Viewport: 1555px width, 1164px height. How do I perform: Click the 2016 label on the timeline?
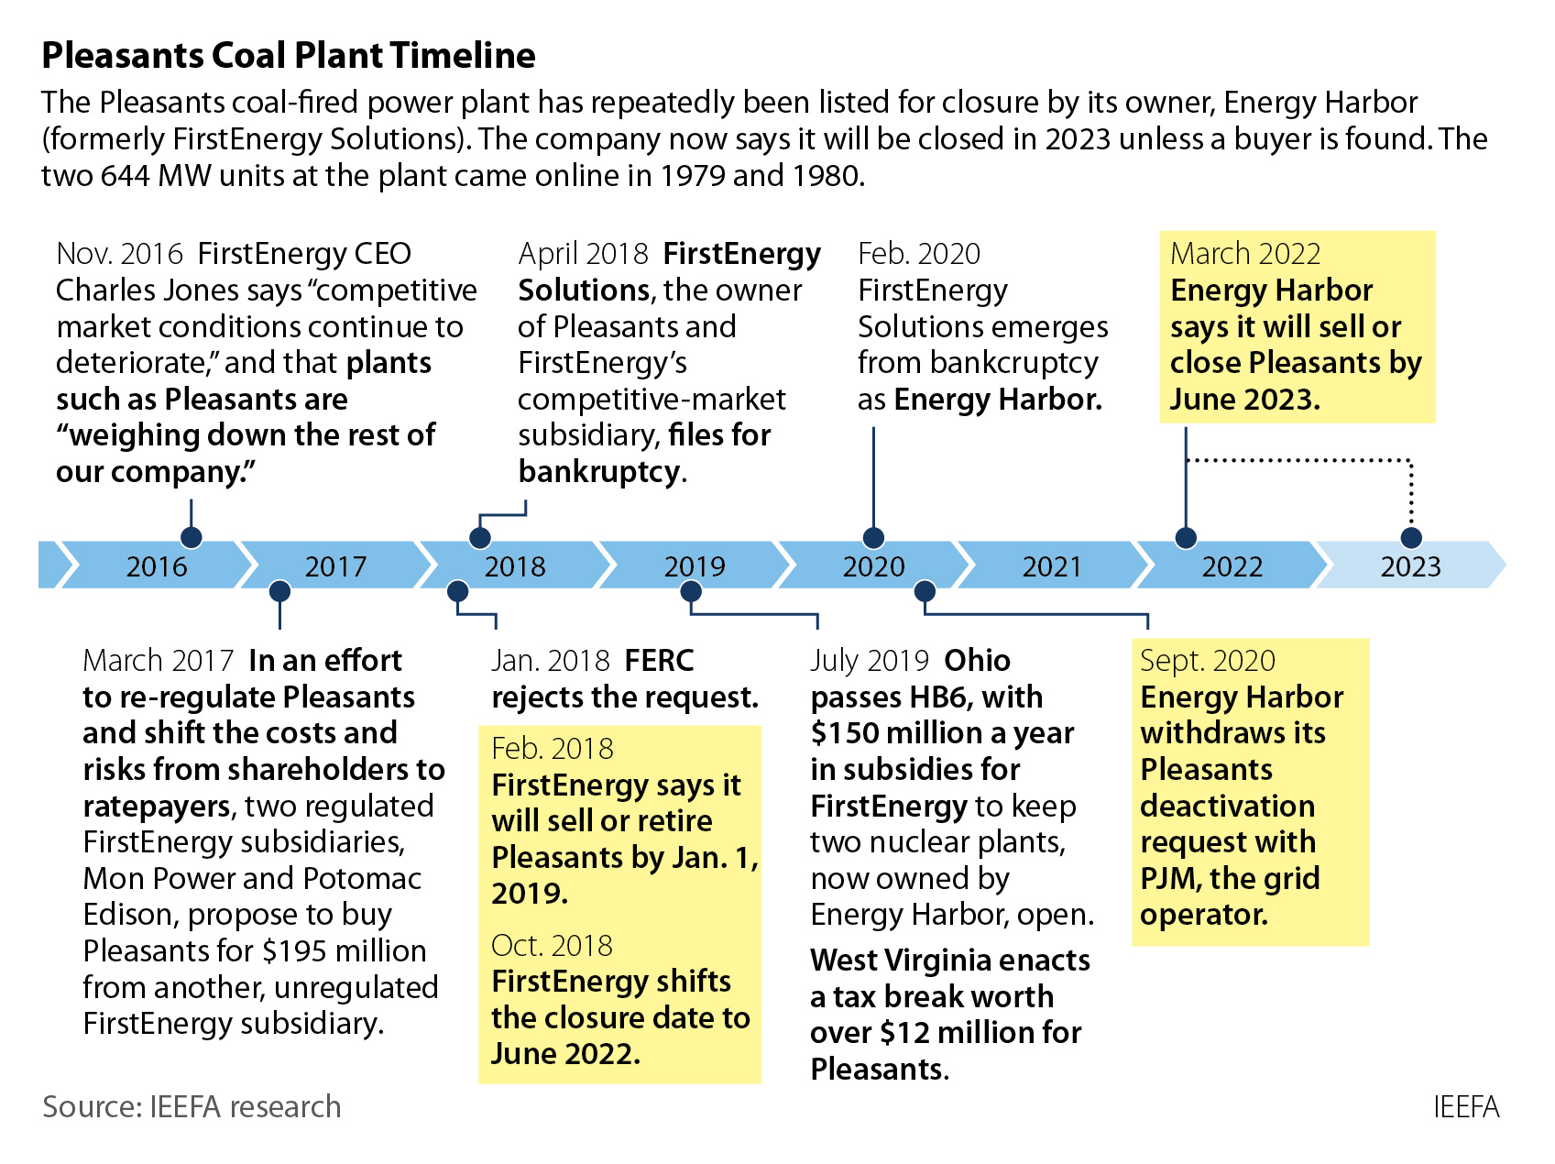(x=157, y=566)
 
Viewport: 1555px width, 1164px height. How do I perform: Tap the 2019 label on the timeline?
(x=695, y=566)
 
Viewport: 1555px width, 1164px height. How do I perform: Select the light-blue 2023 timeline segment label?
(x=1410, y=566)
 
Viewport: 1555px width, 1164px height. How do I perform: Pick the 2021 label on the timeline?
(x=1052, y=566)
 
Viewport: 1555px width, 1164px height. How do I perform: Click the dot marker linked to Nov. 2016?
(x=191, y=537)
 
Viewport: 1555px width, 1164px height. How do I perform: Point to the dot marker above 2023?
(x=1411, y=537)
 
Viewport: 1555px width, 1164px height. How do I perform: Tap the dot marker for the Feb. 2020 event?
(x=873, y=537)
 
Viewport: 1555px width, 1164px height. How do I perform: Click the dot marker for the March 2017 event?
(x=279, y=591)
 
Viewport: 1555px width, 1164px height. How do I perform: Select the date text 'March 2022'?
(x=1245, y=254)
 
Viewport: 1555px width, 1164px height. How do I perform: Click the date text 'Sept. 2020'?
(x=1207, y=661)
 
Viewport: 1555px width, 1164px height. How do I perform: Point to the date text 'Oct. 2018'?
(x=552, y=946)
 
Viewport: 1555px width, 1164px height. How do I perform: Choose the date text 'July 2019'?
(x=870, y=661)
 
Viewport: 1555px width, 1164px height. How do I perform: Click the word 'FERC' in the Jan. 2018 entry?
(x=659, y=661)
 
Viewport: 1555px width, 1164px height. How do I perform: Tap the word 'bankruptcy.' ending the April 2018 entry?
(x=602, y=472)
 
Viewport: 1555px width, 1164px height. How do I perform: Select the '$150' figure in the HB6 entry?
(x=838, y=733)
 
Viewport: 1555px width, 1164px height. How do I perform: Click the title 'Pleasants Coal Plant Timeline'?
(x=289, y=56)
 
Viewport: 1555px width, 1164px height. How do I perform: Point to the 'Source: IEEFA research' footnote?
(x=192, y=1107)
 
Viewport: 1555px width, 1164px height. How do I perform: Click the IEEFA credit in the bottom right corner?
(x=1466, y=1107)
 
